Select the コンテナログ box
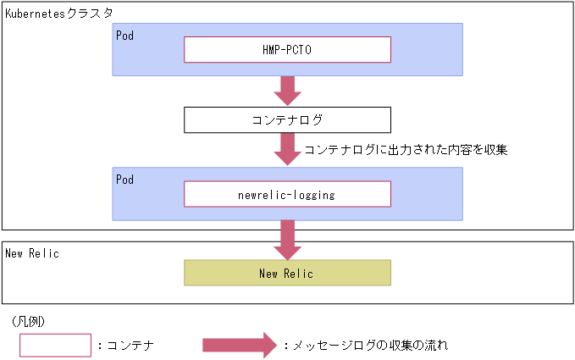click(287, 119)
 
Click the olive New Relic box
click(287, 273)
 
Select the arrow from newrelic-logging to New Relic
click(287, 238)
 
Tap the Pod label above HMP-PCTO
click(124, 36)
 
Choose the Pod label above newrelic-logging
click(124, 180)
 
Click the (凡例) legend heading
click(30, 322)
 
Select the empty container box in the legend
click(55, 345)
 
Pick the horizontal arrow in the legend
click(239, 345)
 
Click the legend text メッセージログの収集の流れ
click(369, 346)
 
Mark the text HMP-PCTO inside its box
click(287, 50)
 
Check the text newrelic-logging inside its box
click(287, 194)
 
